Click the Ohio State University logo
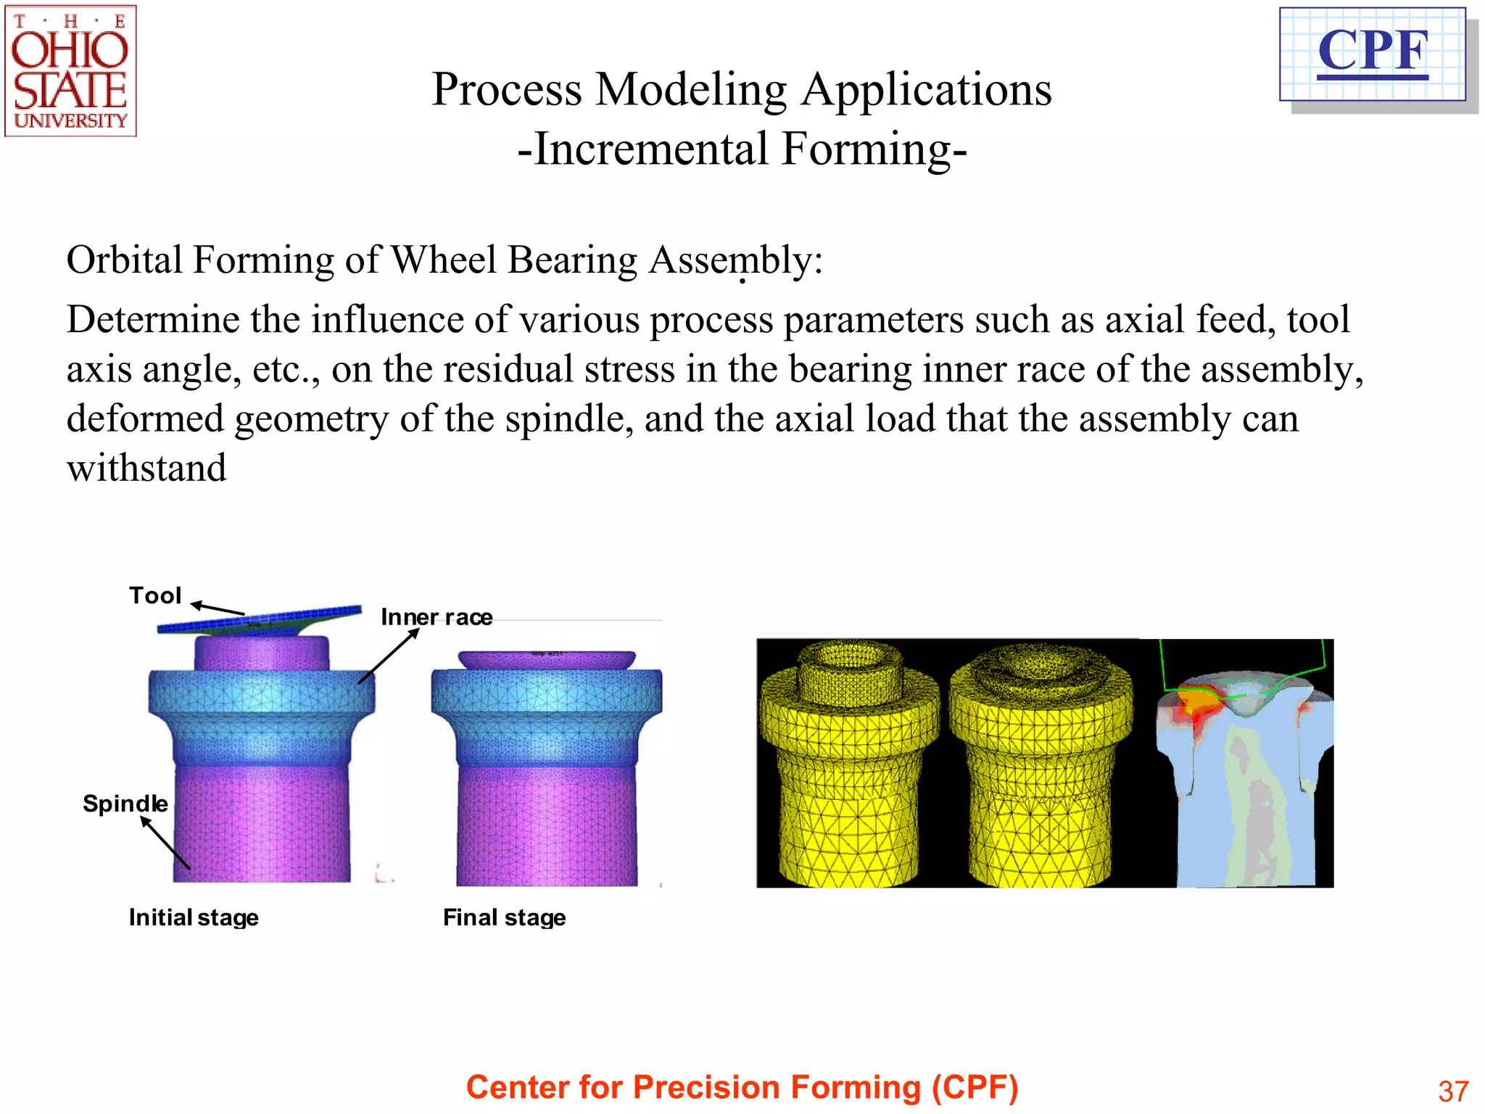pos(70,71)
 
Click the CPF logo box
pos(1373,54)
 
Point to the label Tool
pos(154,595)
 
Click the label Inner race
pos(437,617)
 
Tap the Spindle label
pos(125,804)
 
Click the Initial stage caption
pos(194,917)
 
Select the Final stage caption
pos(504,917)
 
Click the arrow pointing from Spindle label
pos(165,843)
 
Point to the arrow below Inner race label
pos(389,656)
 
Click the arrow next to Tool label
pos(218,608)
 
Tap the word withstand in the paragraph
pos(146,468)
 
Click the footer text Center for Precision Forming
pos(742,1087)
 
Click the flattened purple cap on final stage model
pos(547,659)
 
